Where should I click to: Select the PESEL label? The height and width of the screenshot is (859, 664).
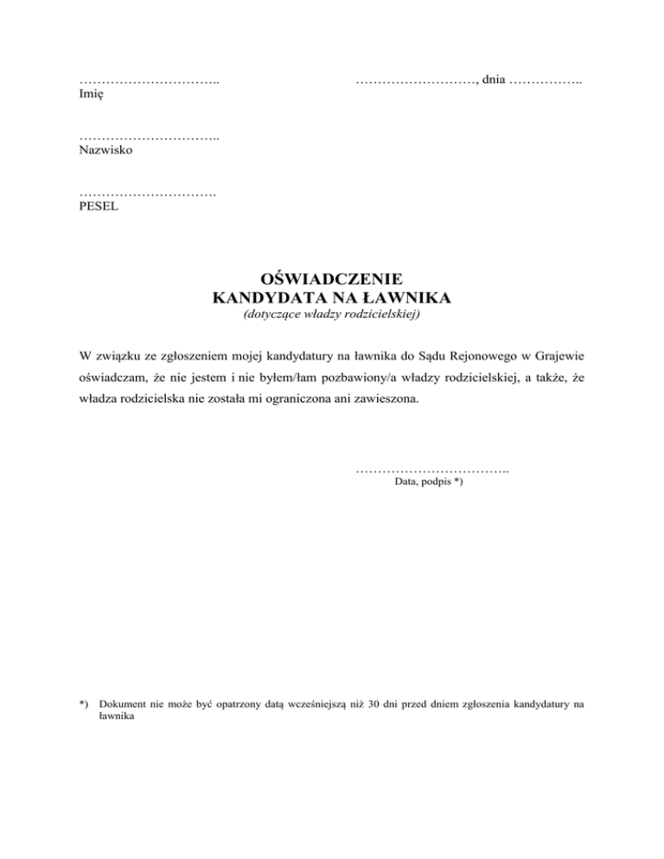pyautogui.click(x=96, y=207)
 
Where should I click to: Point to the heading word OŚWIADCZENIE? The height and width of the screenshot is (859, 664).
pyautogui.click(x=332, y=279)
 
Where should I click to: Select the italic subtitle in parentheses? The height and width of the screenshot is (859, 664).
pyautogui.click(x=332, y=315)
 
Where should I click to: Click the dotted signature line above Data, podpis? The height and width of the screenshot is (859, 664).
pyautogui.click(x=431, y=469)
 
